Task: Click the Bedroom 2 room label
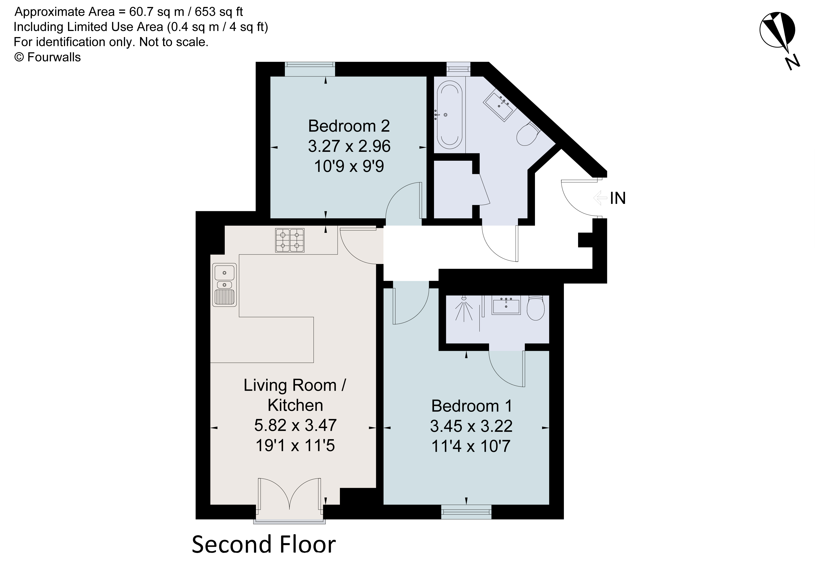click(x=349, y=126)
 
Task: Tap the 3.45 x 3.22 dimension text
click(x=471, y=426)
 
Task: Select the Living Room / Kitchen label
click(x=295, y=395)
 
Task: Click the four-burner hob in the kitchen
click(x=290, y=240)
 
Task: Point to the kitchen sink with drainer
click(x=224, y=285)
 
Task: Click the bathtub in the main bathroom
click(x=449, y=115)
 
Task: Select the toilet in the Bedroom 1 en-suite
click(x=535, y=308)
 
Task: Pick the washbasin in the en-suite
click(x=506, y=306)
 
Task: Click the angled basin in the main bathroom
click(x=500, y=104)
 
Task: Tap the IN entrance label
click(x=618, y=199)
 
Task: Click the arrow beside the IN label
click(x=599, y=198)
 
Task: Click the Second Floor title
click(x=263, y=544)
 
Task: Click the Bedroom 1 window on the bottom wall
click(x=466, y=512)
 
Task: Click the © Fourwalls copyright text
click(x=47, y=57)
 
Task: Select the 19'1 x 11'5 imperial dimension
click(x=295, y=446)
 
